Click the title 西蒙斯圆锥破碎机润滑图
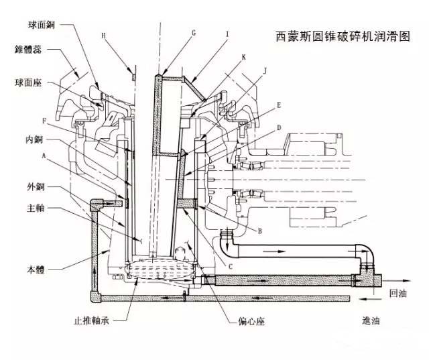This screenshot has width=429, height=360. pyautogui.click(x=343, y=37)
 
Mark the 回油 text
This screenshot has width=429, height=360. pyautogui.click(x=398, y=292)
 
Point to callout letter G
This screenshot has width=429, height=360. pyautogui.click(x=193, y=32)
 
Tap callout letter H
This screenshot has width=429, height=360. pyautogui.click(x=104, y=34)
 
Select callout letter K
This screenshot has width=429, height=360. pyautogui.click(x=243, y=58)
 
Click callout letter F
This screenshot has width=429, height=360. pyautogui.click(x=44, y=121)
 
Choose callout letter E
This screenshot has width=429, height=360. pyautogui.click(x=278, y=105)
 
